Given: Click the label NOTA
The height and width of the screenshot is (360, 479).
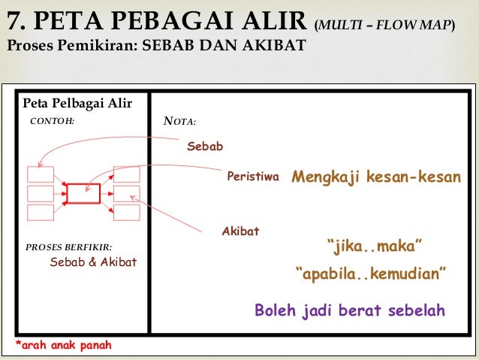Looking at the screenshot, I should pyautogui.click(x=179, y=121).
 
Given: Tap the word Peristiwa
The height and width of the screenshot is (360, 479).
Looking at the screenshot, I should pyautogui.click(x=252, y=177).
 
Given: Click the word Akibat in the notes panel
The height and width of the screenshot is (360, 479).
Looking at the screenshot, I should pyautogui.click(x=240, y=231).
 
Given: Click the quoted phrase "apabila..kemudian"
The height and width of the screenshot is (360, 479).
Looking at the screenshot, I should pyautogui.click(x=372, y=273).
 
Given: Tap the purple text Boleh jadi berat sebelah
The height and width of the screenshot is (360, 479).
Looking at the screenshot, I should pyautogui.click(x=350, y=310).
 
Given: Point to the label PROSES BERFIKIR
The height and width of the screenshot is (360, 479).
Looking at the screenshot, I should pyautogui.click(x=68, y=247).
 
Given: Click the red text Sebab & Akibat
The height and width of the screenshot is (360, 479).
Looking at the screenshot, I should pyautogui.click(x=93, y=262).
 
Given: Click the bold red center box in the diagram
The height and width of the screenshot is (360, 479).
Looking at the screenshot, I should pyautogui.click(x=83, y=193).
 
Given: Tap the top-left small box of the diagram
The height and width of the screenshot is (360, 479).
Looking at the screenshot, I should pyautogui.click(x=41, y=174).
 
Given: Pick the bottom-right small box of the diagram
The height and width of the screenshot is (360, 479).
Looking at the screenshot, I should pyautogui.click(x=125, y=212).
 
